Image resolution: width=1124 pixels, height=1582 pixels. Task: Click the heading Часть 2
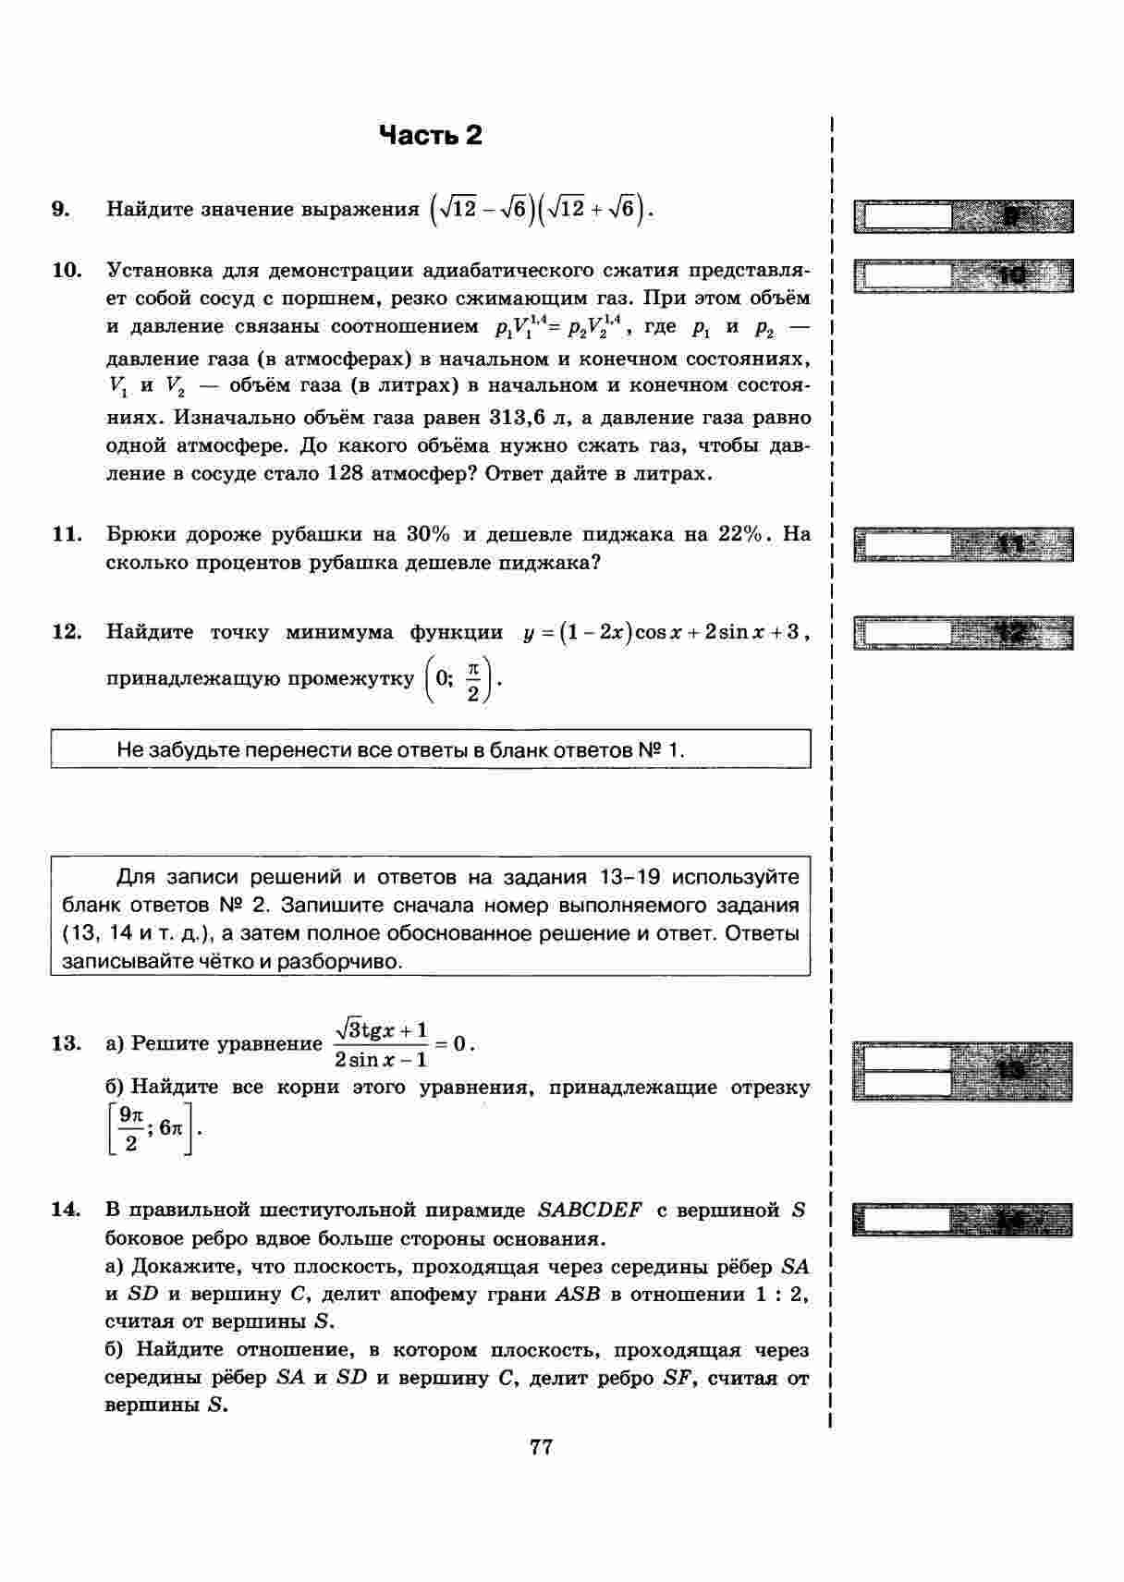pyautogui.click(x=431, y=136)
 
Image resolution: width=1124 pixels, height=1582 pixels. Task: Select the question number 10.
pyautogui.click(x=67, y=271)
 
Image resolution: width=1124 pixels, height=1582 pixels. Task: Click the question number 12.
pyautogui.click(x=67, y=632)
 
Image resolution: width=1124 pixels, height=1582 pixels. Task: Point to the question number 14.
pyautogui.click(x=67, y=1210)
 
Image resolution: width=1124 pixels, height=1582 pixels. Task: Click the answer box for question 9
pyautogui.click(x=904, y=216)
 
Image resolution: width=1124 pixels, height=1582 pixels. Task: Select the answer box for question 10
pyautogui.click(x=904, y=275)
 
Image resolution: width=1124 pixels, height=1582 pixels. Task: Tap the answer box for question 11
pyautogui.click(x=904, y=544)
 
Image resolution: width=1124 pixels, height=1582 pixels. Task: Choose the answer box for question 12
pyautogui.click(x=904, y=633)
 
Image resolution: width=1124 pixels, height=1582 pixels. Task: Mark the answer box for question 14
pyautogui.click(x=904, y=1221)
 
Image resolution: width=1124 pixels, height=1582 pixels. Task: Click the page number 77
pyautogui.click(x=542, y=1447)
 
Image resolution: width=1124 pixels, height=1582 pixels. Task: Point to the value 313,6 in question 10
pyautogui.click(x=522, y=418)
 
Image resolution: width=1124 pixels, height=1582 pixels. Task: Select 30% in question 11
pyautogui.click(x=428, y=534)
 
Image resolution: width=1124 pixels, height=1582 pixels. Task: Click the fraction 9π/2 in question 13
pyautogui.click(x=130, y=1129)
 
